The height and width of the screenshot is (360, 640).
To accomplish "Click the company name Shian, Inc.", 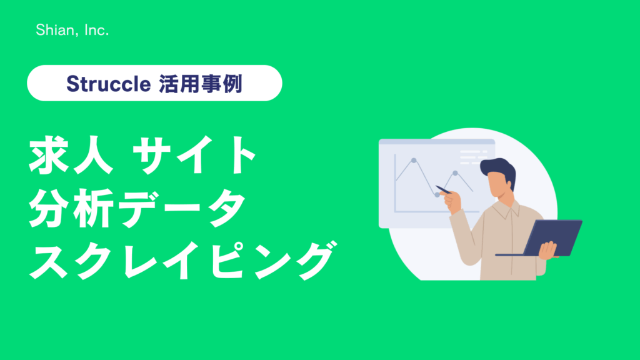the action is tap(72, 30).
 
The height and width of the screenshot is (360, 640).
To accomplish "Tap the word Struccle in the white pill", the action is tap(109, 84).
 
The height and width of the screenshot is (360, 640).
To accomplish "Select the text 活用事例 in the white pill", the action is tap(201, 84).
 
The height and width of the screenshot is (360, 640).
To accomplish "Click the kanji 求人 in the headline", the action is tap(71, 156).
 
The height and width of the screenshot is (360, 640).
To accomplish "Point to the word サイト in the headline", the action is tap(195, 156).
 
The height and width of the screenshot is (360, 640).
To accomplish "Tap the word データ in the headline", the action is tap(181, 207).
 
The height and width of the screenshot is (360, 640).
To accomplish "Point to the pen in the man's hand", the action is tap(444, 190).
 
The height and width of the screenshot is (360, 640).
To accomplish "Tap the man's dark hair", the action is tap(499, 170).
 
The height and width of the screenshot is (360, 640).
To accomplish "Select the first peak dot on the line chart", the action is tap(414, 161).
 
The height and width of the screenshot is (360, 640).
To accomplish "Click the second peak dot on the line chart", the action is tap(456, 173).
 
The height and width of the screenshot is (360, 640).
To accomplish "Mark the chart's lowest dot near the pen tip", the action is tap(437, 195).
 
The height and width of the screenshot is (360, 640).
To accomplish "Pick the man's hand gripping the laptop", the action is tap(548, 250).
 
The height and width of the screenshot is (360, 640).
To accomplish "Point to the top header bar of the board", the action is tap(437, 142).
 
